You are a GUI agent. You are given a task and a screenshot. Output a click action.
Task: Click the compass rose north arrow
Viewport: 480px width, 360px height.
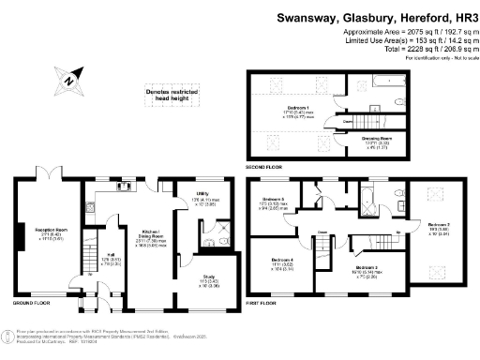click(70, 81)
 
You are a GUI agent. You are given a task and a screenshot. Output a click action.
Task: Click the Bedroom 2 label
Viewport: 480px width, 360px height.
click(439, 226)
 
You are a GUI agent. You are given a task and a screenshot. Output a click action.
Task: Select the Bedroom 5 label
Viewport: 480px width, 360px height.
click(272, 200)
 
